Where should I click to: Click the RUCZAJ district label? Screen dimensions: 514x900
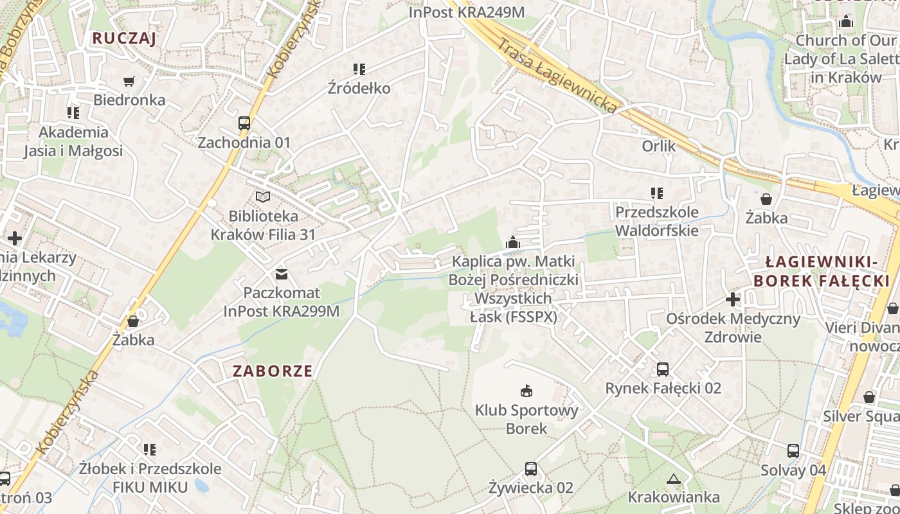coord(124,38)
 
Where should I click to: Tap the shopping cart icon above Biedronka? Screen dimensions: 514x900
coord(129,81)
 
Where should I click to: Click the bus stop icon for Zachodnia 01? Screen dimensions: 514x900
coord(244,123)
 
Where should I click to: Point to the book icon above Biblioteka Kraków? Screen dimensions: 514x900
coord(263,197)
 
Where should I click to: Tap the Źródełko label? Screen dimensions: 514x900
coord(359,88)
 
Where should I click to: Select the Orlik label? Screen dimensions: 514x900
coord(659,146)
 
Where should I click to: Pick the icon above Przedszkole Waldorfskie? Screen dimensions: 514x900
coord(656,193)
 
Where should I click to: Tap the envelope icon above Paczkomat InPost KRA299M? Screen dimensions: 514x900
coord(282,274)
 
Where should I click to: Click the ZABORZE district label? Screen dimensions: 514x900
coord(273,371)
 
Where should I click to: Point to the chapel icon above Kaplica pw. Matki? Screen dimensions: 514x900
coord(513,242)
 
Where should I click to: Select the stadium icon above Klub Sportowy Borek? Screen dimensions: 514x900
coord(526,391)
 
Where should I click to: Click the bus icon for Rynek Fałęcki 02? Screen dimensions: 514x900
coord(663,369)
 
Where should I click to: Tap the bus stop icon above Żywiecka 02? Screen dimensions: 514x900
coord(530,469)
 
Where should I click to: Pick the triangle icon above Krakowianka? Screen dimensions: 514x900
coord(674,479)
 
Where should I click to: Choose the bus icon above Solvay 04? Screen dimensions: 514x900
coord(793,451)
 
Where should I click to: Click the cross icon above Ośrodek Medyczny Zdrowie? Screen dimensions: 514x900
coord(733,299)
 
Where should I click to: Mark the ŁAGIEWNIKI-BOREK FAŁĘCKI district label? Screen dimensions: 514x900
coord(822,271)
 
